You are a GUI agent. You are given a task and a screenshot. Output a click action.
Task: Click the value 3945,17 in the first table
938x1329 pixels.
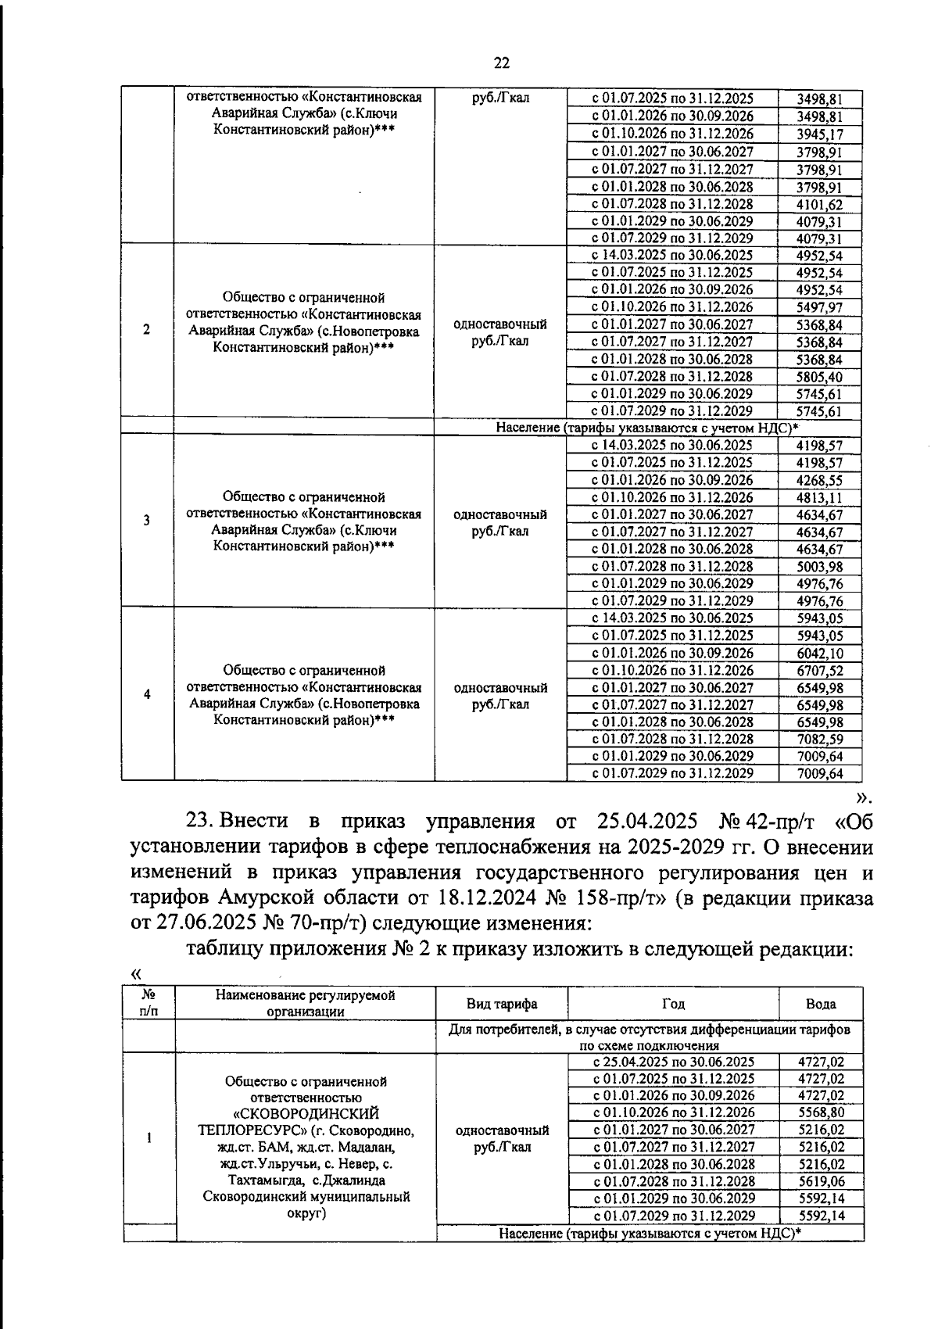point(818,134)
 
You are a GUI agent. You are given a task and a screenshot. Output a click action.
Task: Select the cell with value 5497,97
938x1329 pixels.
point(818,307)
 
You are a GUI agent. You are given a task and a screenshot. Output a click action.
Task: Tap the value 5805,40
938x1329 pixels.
point(818,377)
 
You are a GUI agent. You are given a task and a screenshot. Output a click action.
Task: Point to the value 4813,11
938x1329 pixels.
point(818,498)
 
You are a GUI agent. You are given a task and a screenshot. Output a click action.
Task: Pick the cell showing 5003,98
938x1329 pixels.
point(818,567)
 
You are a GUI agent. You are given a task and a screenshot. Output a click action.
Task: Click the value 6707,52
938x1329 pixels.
point(818,671)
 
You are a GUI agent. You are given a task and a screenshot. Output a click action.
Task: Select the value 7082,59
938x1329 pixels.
point(818,740)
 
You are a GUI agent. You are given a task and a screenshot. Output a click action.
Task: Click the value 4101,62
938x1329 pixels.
point(818,204)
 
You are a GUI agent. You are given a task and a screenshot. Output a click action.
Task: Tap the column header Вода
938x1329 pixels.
point(821,1004)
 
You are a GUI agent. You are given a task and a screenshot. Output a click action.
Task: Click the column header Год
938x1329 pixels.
point(673,1004)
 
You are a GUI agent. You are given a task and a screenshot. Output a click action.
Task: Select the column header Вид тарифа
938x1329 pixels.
point(501,1004)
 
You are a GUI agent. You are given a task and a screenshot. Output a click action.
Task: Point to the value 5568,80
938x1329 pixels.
point(821,1112)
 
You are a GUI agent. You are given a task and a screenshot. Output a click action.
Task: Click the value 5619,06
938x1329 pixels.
point(821,1181)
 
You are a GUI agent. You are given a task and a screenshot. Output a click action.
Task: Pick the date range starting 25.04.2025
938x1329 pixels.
point(673,1062)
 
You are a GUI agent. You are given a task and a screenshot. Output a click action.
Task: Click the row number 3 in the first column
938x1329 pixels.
point(147,521)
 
